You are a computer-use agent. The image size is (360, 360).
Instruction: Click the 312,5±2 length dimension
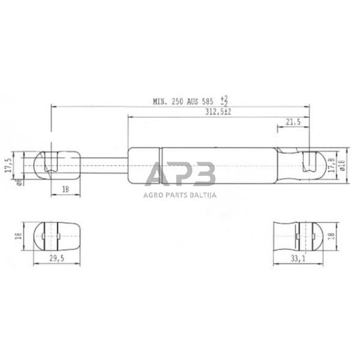click(218, 113)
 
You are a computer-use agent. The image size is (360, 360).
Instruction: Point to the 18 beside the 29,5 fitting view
click(19, 236)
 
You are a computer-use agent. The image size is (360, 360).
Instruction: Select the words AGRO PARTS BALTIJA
click(179, 196)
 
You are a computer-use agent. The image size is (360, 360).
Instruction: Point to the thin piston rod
click(104, 165)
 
